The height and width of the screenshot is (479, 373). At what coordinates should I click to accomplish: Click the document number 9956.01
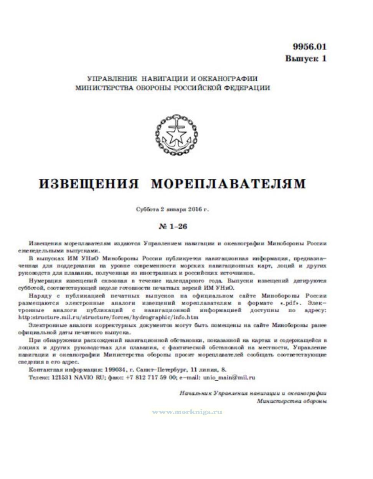(x=309, y=47)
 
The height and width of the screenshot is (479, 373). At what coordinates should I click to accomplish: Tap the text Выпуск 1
(x=305, y=59)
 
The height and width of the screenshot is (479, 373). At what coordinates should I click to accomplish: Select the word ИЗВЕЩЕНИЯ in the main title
(x=89, y=184)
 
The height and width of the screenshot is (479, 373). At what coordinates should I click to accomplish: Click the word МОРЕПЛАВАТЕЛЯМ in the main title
(x=228, y=184)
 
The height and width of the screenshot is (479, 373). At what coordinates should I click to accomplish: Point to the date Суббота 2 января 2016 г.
(x=172, y=210)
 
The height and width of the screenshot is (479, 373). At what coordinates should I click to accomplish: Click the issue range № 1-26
(x=173, y=226)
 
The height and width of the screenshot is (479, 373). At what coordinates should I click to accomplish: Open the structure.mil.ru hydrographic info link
(x=108, y=318)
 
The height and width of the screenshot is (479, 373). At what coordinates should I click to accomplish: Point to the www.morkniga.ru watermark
(x=187, y=412)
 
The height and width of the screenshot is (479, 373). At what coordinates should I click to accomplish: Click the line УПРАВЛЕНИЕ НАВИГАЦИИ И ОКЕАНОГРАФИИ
(x=172, y=79)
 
